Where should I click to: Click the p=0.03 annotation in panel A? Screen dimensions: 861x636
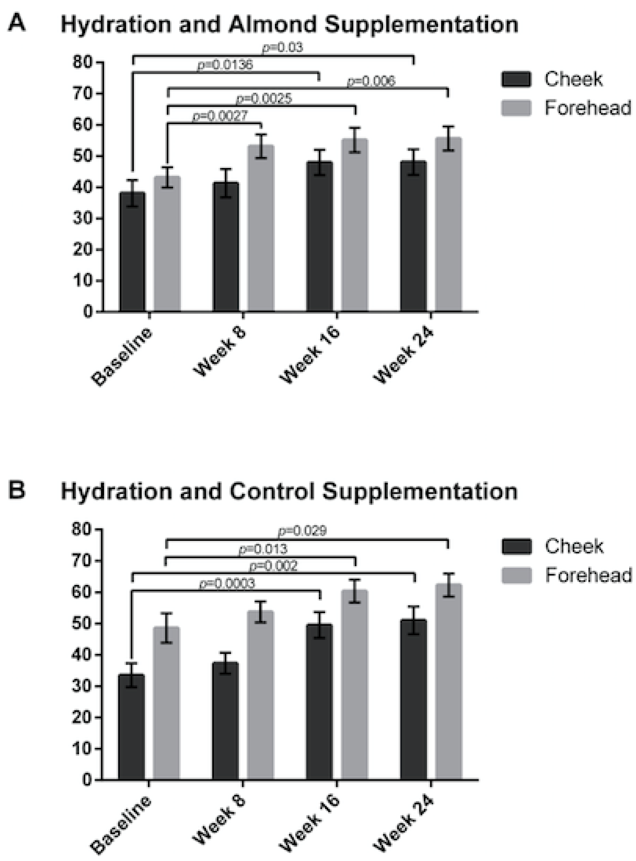point(283,48)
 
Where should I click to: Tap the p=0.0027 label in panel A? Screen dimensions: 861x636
point(219,116)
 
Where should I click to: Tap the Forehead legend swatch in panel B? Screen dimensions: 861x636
point(516,575)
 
